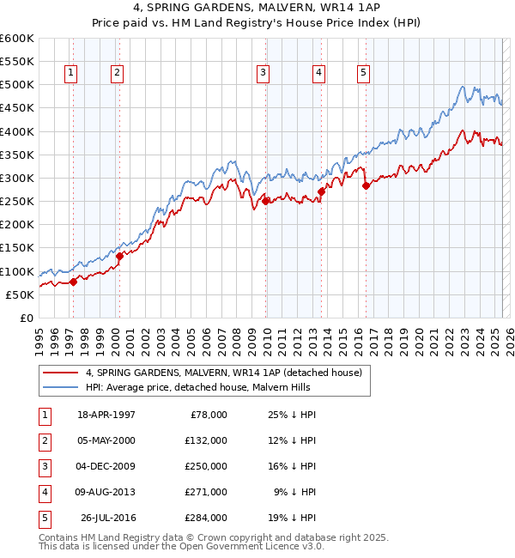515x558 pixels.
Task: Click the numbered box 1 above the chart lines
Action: (70, 74)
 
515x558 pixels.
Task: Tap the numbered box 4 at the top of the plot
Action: (318, 74)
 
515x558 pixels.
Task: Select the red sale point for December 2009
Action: (266, 201)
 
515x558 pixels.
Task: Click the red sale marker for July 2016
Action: (366, 185)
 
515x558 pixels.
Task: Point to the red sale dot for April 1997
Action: (74, 281)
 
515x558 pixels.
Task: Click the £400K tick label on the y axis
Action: (17, 131)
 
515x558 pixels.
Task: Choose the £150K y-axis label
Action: (17, 248)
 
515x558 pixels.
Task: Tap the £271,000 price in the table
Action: (206, 492)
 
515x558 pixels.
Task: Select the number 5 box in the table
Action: (44, 518)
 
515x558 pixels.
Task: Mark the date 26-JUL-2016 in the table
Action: (108, 518)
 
